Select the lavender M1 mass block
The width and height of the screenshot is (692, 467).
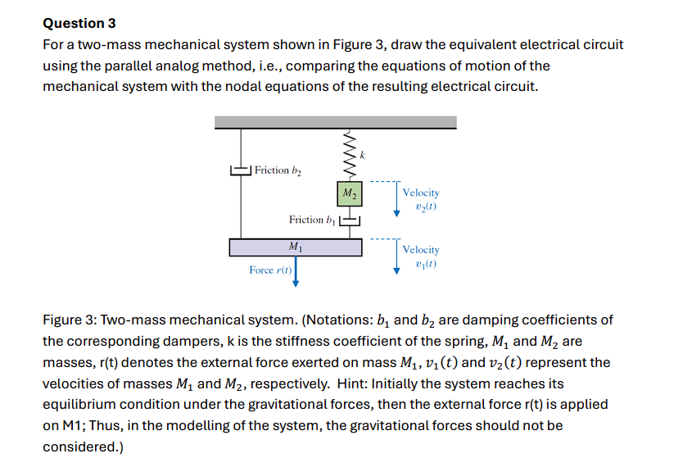(295, 247)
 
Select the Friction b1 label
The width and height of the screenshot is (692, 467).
(312, 220)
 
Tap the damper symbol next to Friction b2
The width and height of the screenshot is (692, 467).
(240, 170)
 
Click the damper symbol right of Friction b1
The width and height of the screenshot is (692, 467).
(350, 220)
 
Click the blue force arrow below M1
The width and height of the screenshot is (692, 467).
(296, 273)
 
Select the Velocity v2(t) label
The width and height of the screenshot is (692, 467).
(421, 199)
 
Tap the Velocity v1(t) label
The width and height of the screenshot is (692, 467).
(421, 256)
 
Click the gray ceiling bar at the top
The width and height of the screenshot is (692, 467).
(335, 123)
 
